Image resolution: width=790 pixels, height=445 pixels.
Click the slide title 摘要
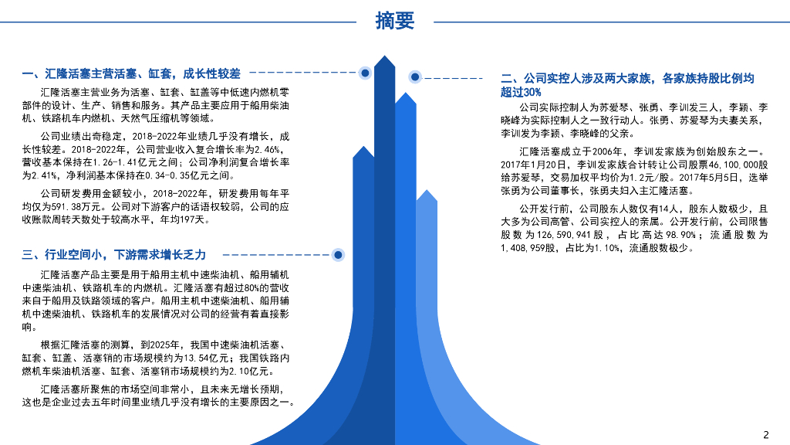click(395, 21)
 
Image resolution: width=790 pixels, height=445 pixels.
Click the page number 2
click(766, 433)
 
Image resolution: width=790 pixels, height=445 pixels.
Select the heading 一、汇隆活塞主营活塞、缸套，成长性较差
click(132, 74)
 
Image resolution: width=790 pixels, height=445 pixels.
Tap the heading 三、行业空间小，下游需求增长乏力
click(114, 255)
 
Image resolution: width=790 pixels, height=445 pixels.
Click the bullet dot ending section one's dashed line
click(365, 73)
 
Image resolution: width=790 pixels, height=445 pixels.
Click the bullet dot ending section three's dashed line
click(337, 254)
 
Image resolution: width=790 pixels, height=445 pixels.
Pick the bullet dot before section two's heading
click(415, 76)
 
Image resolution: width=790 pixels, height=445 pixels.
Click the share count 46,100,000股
click(732, 165)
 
